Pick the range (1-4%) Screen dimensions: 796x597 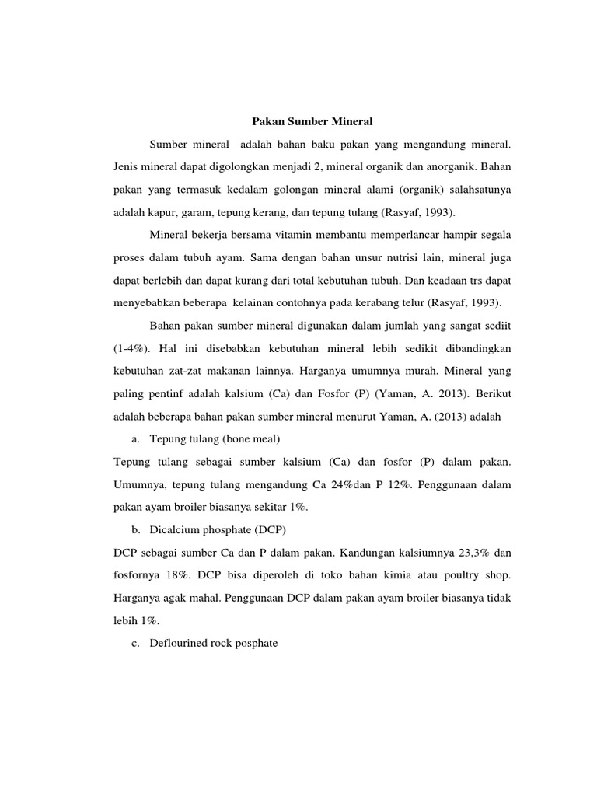click(x=135, y=350)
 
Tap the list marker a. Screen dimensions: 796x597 click(x=135, y=439)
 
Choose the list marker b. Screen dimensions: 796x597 click(x=135, y=530)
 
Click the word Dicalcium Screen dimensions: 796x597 click(x=177, y=530)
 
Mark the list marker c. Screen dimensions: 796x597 click(x=135, y=644)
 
